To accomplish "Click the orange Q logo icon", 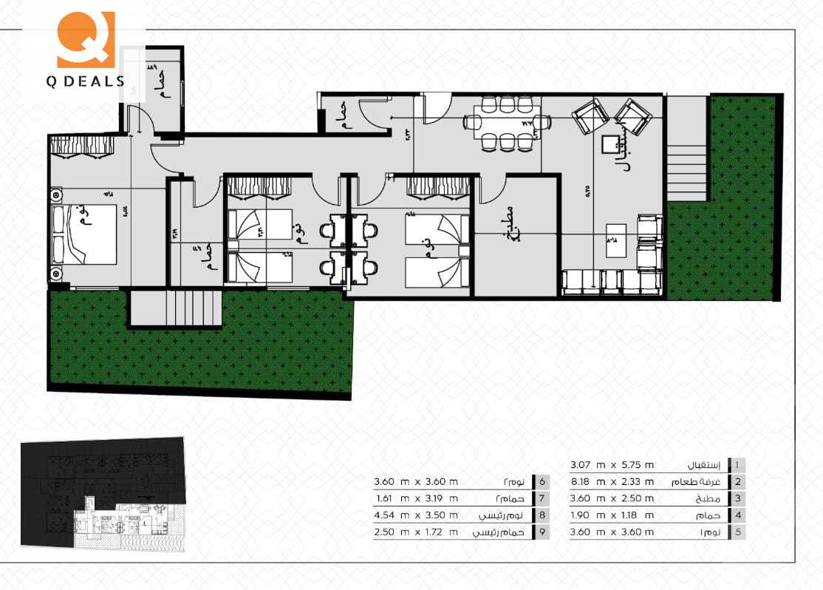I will tap(86, 38).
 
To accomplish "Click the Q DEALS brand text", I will tap(86, 81).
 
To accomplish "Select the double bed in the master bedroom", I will tap(84, 234).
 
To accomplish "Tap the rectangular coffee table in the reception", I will tap(617, 240).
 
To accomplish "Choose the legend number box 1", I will tap(737, 465).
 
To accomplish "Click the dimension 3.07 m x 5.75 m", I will tap(612, 465).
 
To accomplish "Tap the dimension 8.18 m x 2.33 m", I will tap(612, 482).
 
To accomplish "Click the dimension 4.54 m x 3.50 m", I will tap(416, 515).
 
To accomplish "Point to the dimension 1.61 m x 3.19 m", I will tap(416, 498).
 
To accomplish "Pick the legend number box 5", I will tap(737, 532).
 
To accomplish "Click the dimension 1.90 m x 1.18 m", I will tap(612, 515).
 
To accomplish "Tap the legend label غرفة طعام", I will tap(697, 482).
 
